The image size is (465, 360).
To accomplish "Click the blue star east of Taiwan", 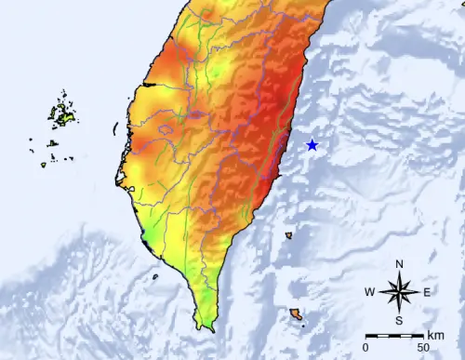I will point(312,145).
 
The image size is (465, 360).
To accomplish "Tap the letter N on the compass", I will point(398,264).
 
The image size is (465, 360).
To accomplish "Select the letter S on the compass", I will point(398,321).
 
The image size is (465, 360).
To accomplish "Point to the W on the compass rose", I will point(369,293).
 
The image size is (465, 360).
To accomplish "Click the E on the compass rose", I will point(427,293).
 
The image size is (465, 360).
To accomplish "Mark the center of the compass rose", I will point(398,293).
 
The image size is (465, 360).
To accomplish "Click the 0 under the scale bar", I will point(365,347).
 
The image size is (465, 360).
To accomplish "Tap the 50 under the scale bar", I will point(424,347).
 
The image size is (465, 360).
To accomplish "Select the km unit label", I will point(435,336).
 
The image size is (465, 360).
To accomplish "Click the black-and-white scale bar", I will point(394,335).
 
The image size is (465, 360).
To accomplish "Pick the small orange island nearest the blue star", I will point(289,235).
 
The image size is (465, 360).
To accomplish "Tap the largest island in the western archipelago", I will point(63,114).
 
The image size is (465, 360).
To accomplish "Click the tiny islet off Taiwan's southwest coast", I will point(154,275).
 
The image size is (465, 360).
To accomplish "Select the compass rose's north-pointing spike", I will point(398,277).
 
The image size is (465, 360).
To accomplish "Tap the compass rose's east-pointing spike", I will point(415,293).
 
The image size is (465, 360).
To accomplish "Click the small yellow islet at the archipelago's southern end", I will point(44,166).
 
